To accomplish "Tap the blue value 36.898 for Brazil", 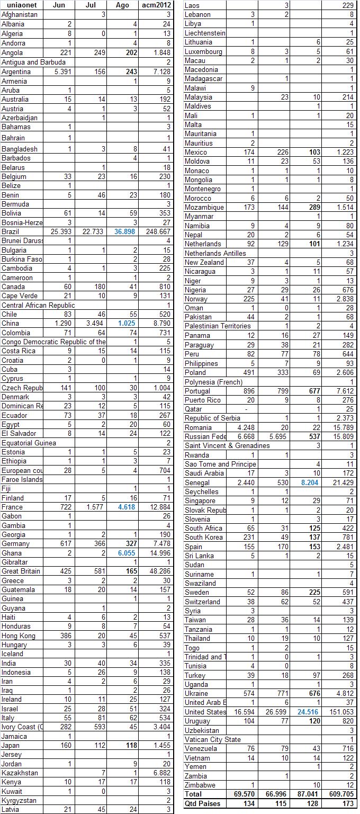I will [127, 232].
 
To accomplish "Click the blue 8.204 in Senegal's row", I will [310, 483].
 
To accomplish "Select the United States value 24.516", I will [310, 712].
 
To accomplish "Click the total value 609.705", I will [342, 794].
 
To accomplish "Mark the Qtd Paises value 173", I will [348, 804].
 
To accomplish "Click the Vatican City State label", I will [212, 740].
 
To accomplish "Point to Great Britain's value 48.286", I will [159, 571].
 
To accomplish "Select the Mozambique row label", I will [204, 207].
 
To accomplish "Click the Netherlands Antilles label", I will [215, 253].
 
